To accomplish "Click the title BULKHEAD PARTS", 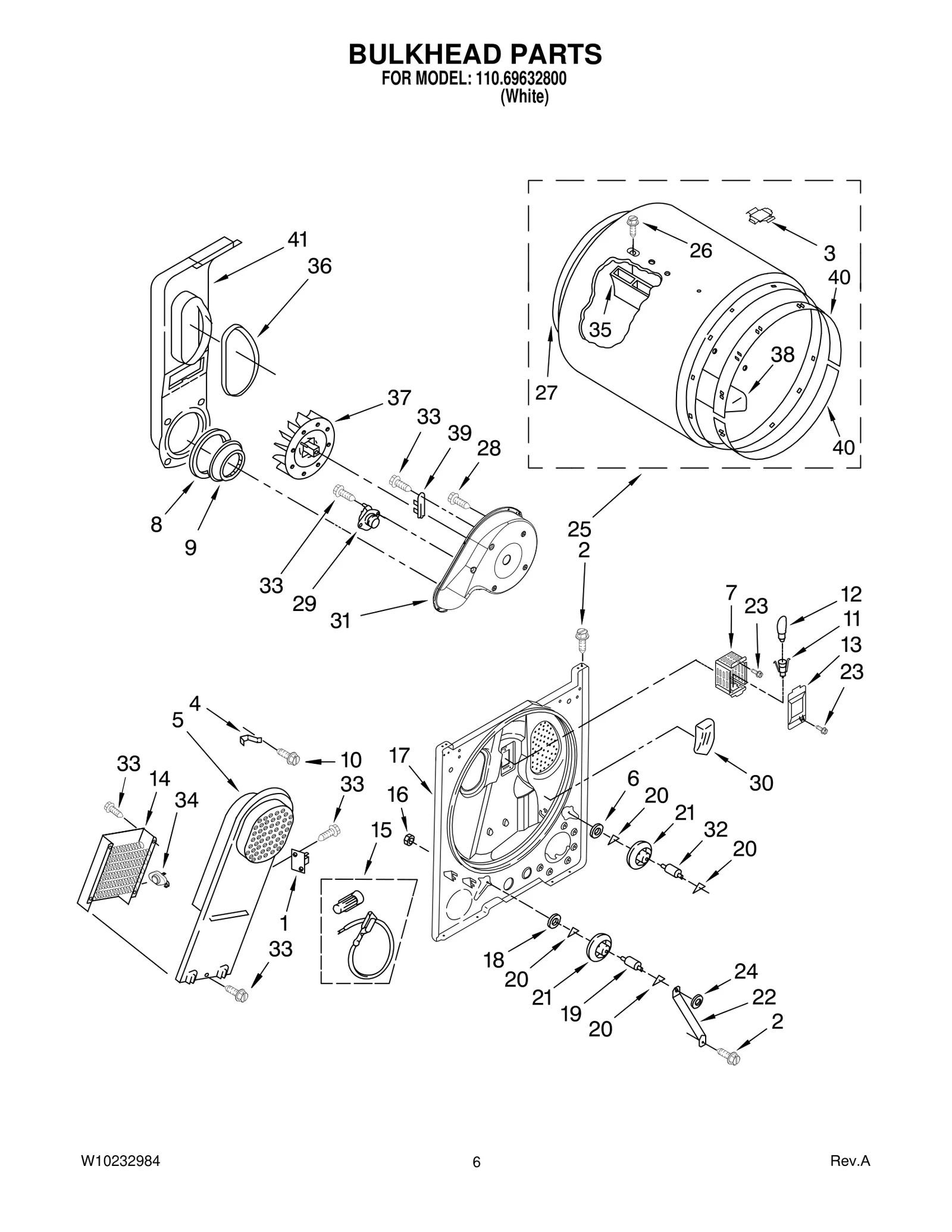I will click(475, 54).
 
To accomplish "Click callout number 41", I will click(297, 240).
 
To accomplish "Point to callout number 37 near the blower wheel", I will click(399, 397).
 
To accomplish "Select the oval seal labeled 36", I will click(240, 360).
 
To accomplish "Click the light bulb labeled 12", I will click(781, 626).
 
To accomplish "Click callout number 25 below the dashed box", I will click(579, 528).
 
